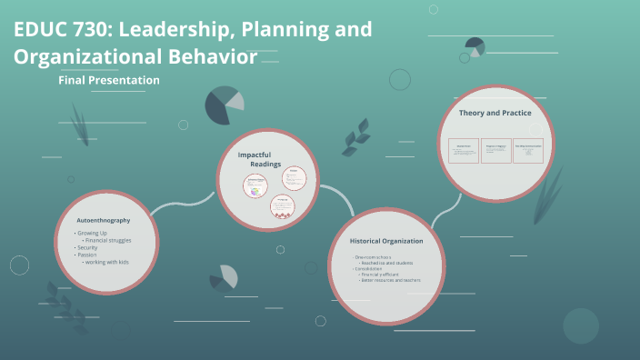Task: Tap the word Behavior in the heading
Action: (x=212, y=56)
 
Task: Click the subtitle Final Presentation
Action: (x=109, y=80)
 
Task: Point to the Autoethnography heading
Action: (x=104, y=221)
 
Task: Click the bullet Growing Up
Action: (x=93, y=234)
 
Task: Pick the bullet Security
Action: (x=87, y=248)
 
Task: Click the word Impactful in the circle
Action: (x=255, y=155)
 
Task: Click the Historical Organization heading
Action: (x=387, y=240)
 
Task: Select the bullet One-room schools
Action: (x=374, y=258)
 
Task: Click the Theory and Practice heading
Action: (x=495, y=113)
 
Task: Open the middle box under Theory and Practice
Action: (x=496, y=151)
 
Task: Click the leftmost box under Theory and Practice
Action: (x=464, y=151)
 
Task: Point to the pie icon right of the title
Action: (x=474, y=46)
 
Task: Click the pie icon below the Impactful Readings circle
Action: (x=224, y=276)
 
